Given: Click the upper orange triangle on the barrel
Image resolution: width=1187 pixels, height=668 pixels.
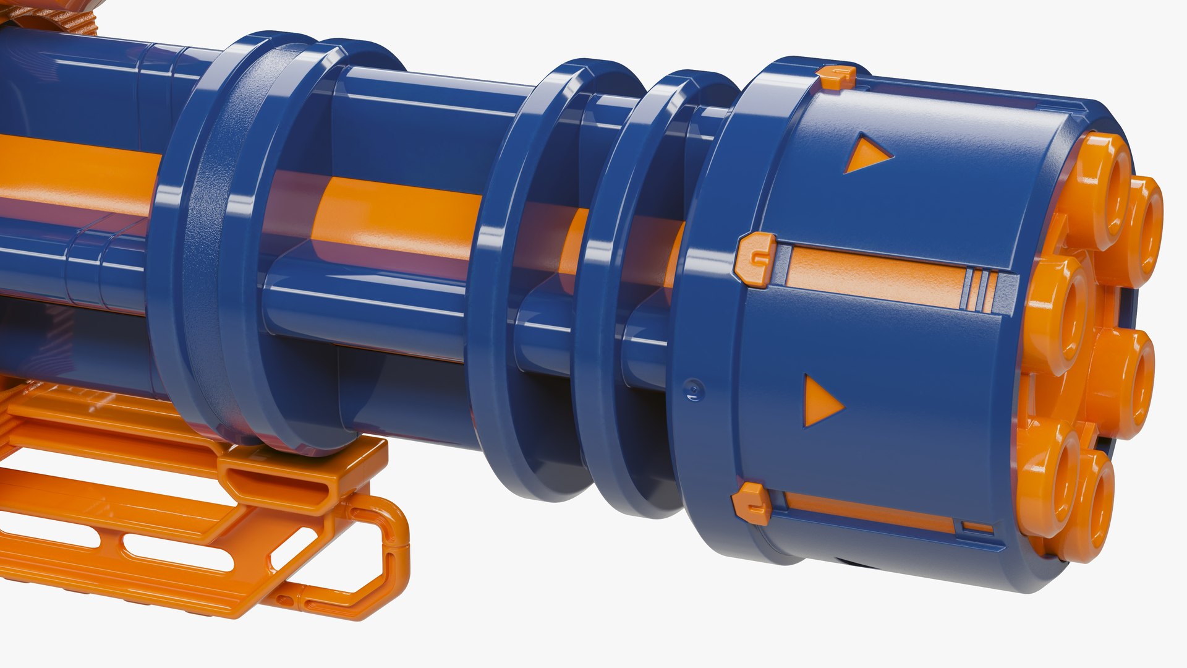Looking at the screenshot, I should pos(866,155).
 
